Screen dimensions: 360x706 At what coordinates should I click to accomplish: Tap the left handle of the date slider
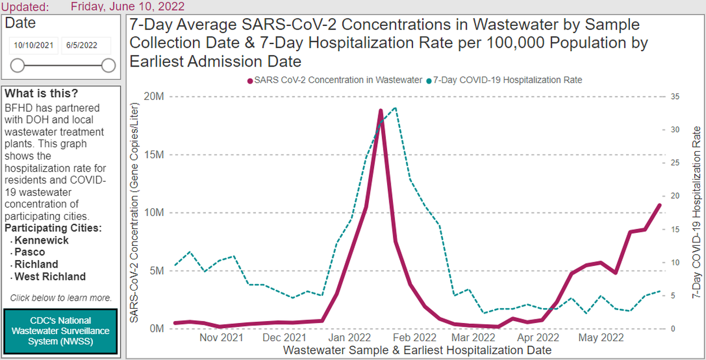point(18,65)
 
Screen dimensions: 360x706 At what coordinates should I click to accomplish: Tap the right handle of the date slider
point(108,65)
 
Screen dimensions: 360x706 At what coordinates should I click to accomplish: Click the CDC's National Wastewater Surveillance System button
point(61,331)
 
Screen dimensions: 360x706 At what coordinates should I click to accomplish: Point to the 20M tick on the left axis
point(155,97)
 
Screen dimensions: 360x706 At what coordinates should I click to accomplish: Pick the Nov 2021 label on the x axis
point(221,338)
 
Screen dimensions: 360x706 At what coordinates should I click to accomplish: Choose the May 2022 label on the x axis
point(601,338)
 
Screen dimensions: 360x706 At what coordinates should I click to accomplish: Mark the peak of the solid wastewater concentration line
point(381,111)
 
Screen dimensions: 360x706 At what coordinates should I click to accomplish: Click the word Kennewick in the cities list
point(41,241)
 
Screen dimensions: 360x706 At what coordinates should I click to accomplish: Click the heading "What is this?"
point(41,94)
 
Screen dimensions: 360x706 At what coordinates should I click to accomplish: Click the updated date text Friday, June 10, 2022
point(127,6)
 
